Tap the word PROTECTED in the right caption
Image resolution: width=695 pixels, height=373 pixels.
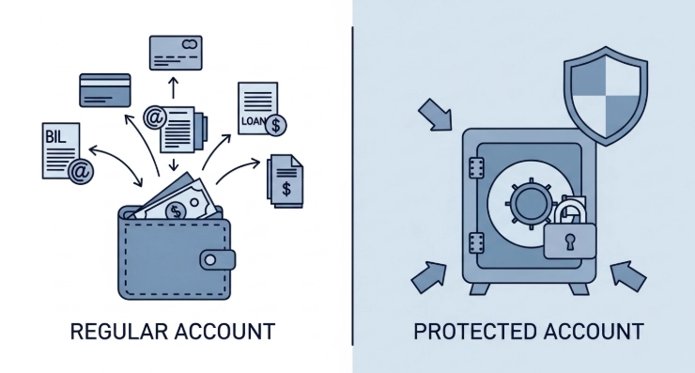(474, 332)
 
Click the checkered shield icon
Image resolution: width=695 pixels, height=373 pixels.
(606, 96)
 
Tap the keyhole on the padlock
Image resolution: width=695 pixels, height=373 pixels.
(569, 242)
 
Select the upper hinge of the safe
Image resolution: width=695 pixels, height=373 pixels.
(476, 168)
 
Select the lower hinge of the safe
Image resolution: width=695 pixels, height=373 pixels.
(476, 242)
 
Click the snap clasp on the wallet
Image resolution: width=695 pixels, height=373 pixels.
(217, 260)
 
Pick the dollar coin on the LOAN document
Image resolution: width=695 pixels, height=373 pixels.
(276, 125)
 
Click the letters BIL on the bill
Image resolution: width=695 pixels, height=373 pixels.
(55, 137)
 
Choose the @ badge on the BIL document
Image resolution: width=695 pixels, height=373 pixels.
(81, 171)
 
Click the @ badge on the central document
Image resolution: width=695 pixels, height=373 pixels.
(155, 117)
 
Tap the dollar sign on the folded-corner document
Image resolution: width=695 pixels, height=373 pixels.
(286, 189)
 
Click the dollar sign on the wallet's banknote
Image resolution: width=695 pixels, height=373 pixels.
(176, 211)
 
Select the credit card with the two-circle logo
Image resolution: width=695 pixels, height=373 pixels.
(176, 53)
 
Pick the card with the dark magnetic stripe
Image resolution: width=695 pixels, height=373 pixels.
(105, 90)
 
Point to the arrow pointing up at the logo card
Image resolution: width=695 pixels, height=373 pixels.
(174, 87)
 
